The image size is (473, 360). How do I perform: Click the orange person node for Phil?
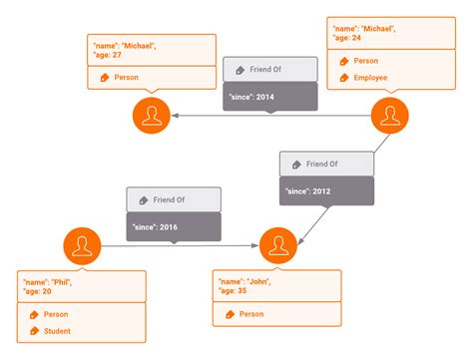(81, 245)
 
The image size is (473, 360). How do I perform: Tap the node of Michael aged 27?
(152, 117)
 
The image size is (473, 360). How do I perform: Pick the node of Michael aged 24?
(389, 117)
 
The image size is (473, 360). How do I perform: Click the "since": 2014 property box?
(269, 96)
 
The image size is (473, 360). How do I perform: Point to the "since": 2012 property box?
(326, 189)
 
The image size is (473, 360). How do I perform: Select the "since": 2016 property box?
(173, 226)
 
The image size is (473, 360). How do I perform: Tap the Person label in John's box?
(251, 314)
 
